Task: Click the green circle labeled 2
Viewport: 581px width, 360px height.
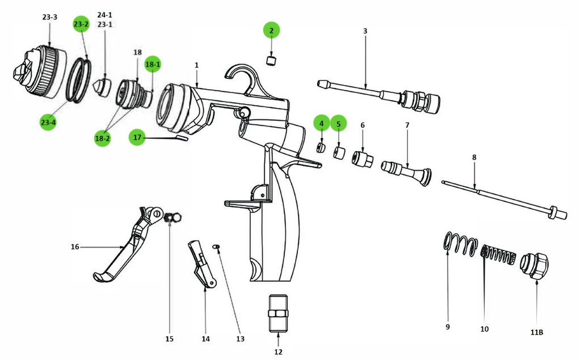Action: pyautogui.click(x=271, y=31)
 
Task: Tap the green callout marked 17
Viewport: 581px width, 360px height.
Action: pyautogui.click(x=137, y=137)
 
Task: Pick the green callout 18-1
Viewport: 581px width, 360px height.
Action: pyautogui.click(x=153, y=65)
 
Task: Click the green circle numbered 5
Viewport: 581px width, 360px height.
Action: pyautogui.click(x=338, y=124)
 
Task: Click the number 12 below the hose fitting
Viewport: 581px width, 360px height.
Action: pyautogui.click(x=278, y=352)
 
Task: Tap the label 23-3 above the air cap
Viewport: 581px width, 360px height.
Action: pyautogui.click(x=50, y=18)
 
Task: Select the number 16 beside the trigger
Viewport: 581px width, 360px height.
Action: pyautogui.click(x=75, y=247)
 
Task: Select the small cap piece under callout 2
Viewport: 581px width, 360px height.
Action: pyautogui.click(x=272, y=59)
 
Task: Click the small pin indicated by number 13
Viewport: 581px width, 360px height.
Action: pyautogui.click(x=216, y=246)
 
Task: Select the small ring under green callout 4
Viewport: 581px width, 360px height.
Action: pyautogui.click(x=321, y=149)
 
